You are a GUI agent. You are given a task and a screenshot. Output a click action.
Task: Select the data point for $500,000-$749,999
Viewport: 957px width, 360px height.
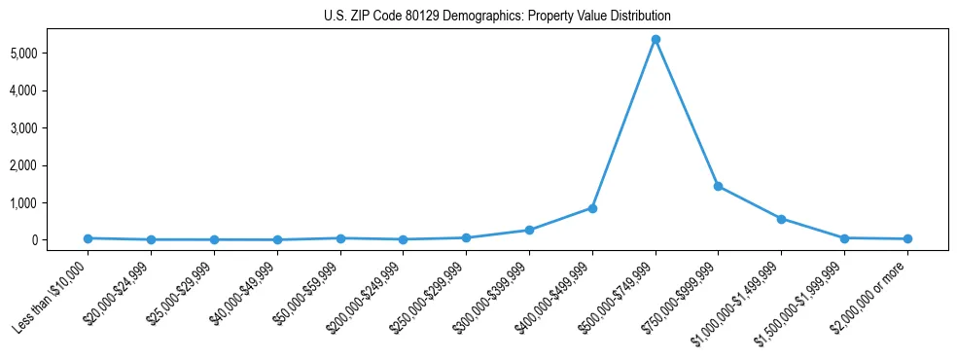[656, 40]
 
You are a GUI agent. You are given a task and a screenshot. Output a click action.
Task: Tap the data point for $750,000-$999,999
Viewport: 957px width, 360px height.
[718, 186]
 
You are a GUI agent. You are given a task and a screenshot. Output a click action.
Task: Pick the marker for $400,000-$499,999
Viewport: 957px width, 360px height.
[592, 208]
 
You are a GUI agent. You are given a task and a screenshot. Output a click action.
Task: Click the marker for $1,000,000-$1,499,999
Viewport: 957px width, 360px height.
[781, 219]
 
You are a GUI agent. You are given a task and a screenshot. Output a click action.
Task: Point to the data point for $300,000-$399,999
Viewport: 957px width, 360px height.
[529, 231]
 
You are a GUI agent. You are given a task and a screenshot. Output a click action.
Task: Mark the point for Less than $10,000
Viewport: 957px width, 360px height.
[89, 238]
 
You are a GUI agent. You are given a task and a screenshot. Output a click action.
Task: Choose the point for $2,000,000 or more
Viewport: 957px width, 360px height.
[907, 238]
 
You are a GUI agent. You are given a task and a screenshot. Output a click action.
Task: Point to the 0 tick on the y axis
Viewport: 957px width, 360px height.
[60, 240]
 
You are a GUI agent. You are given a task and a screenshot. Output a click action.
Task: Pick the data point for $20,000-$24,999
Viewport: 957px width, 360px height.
[152, 239]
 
